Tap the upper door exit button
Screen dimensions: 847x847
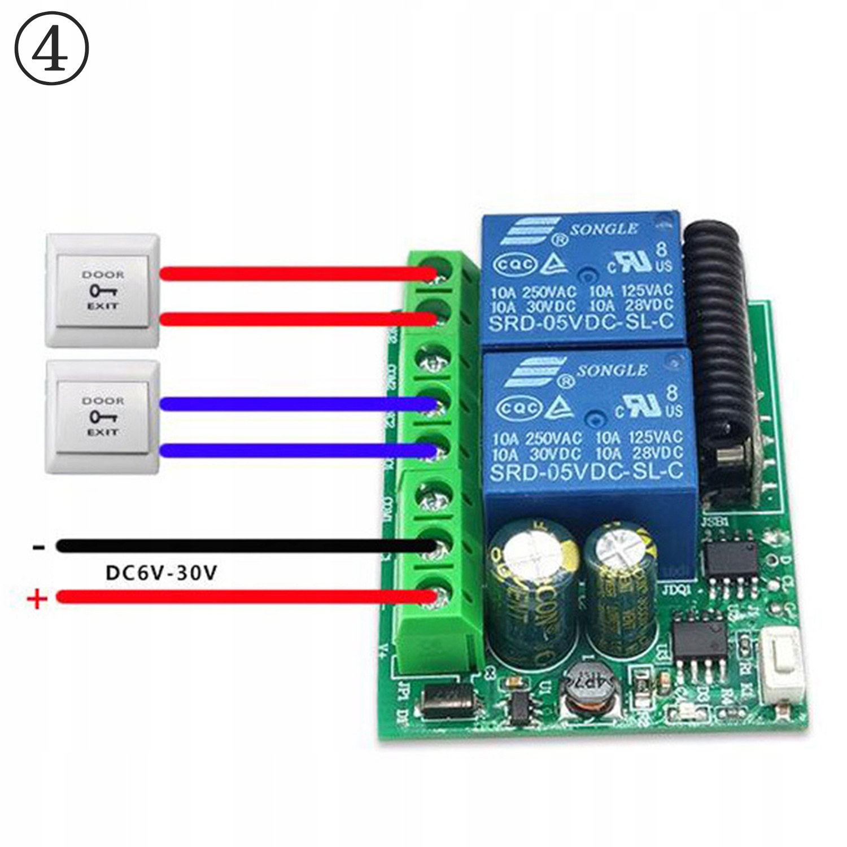pyautogui.click(x=102, y=290)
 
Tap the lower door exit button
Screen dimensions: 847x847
pyautogui.click(x=102, y=417)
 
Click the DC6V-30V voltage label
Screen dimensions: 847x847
pyautogui.click(x=161, y=573)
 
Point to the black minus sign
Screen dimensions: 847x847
pyautogui.click(x=38, y=547)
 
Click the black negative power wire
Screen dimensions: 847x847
pyautogui.click(x=243, y=546)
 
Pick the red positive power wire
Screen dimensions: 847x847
pyautogui.click(x=243, y=596)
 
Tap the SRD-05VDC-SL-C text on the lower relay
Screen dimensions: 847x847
pyautogui.click(x=586, y=471)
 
